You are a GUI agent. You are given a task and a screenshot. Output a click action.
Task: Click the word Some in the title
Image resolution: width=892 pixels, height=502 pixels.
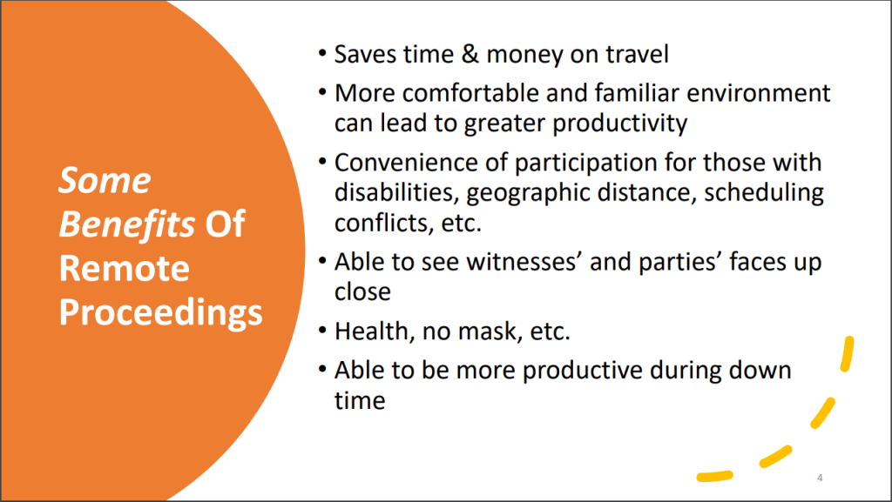click(x=105, y=181)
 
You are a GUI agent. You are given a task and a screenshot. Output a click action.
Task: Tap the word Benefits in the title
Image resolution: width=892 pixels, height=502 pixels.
click(x=127, y=224)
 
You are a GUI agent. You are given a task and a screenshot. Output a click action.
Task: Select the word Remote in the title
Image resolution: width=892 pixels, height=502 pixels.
click(x=124, y=268)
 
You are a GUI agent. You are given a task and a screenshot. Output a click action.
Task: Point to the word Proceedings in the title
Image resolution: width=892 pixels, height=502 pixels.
click(x=161, y=313)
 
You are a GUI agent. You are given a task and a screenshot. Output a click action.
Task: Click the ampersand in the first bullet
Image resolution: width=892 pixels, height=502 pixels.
click(x=470, y=55)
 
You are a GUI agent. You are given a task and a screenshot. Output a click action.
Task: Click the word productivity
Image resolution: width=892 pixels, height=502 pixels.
click(x=619, y=124)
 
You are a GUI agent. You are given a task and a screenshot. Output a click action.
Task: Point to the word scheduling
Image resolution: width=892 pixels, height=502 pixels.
click(x=764, y=193)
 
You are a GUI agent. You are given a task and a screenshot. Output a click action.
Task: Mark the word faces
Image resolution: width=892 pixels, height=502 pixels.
click(x=752, y=262)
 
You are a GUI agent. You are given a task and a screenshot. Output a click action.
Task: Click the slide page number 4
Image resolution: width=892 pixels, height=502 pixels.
click(x=820, y=478)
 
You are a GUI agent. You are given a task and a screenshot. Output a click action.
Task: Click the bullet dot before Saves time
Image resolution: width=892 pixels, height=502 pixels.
click(x=322, y=54)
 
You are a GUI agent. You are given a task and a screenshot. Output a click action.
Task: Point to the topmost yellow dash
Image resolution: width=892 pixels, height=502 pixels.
click(x=848, y=354)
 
